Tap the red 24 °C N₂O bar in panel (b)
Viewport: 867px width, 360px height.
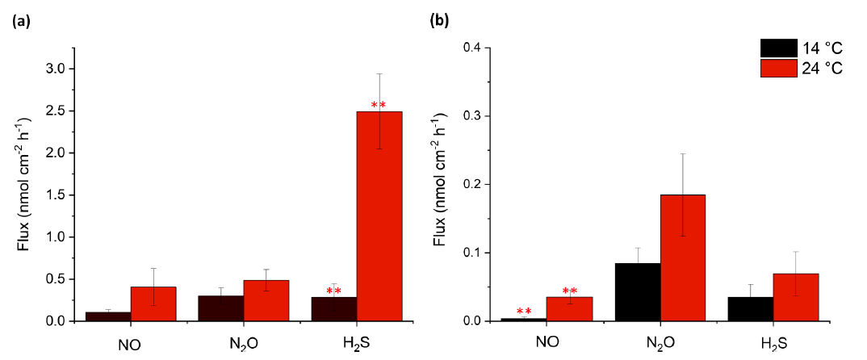point(683,257)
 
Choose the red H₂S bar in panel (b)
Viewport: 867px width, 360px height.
point(796,297)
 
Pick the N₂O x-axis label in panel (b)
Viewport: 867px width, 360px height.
point(660,341)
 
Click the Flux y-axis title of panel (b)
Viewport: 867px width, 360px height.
point(441,185)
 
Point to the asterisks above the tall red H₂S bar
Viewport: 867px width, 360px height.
point(379,106)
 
